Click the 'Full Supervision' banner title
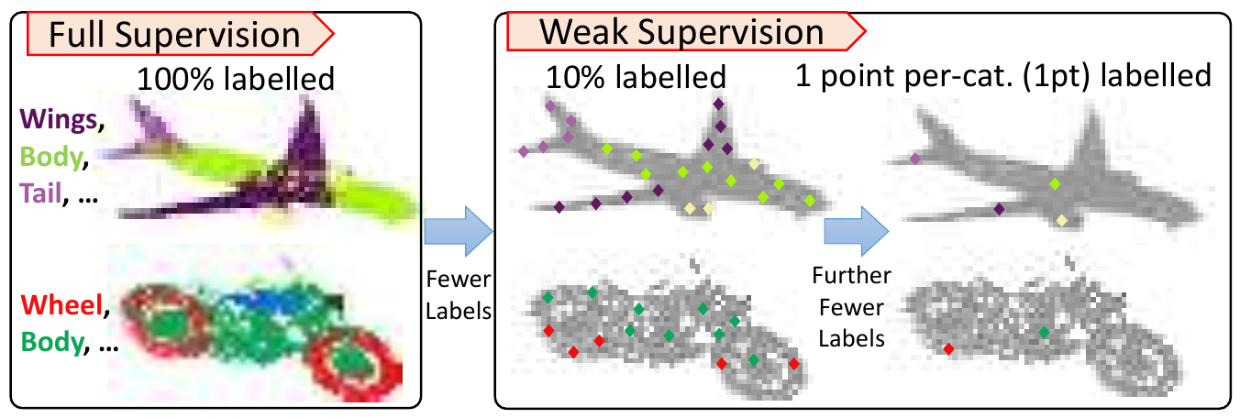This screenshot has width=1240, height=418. point(174,34)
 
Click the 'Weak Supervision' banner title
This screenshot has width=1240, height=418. point(681,32)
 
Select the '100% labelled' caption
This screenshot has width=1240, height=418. point(235,79)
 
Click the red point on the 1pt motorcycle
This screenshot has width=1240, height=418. point(949,349)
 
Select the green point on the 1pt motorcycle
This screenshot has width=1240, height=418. point(1044,332)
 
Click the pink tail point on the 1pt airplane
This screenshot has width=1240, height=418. point(915,159)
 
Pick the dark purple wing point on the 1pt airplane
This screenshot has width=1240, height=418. point(999,210)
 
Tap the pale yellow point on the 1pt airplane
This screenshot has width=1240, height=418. point(1061,219)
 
